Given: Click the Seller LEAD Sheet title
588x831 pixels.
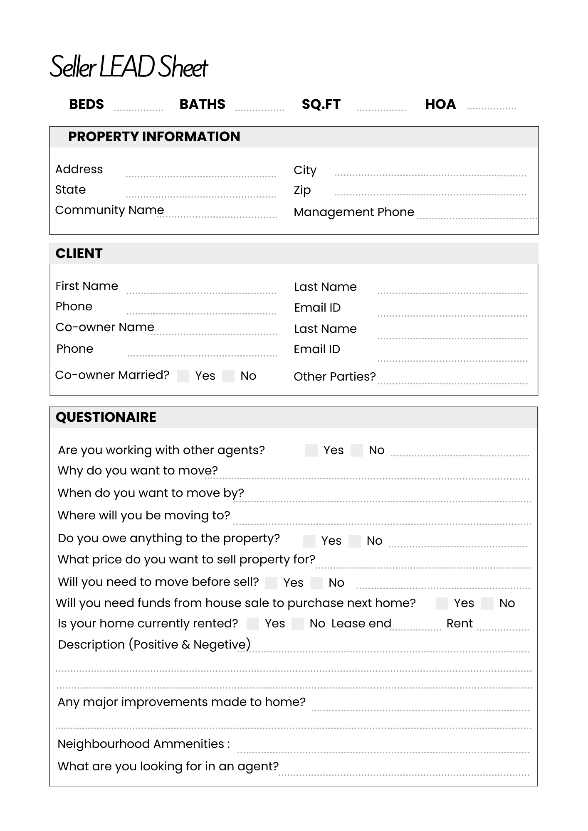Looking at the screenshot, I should pyautogui.click(x=128, y=66).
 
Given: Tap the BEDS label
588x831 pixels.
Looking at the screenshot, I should pyautogui.click(x=86, y=104).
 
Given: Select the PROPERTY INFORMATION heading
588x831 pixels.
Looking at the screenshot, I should pyautogui.click(x=154, y=137).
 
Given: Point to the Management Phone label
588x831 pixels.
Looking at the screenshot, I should pyautogui.click(x=354, y=212).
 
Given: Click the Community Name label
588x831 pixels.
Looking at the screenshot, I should pyautogui.click(x=109, y=210).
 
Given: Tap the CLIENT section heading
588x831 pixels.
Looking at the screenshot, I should pyautogui.click(x=79, y=253).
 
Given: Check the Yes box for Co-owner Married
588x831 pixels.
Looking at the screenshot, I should pyautogui.click(x=183, y=376).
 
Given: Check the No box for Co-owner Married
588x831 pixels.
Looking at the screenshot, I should pyautogui.click(x=228, y=376).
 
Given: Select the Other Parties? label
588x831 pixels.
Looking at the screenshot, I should pyautogui.click(x=334, y=377).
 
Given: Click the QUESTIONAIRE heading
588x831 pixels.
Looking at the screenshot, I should pyautogui.click(x=106, y=417).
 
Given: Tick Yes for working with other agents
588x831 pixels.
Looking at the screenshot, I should pyautogui.click(x=311, y=450).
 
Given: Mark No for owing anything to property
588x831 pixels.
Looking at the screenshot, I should pyautogui.click(x=354, y=541).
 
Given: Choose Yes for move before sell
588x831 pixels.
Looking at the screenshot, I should pyautogui.click(x=271, y=583).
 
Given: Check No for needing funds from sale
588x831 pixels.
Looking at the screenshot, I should pyautogui.click(x=487, y=603).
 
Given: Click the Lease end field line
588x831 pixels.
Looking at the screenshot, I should pyautogui.click(x=415, y=629).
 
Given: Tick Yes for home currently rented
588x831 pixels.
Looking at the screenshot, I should pyautogui.click(x=252, y=624).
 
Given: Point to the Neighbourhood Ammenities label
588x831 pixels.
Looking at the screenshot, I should pyautogui.click(x=143, y=744).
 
